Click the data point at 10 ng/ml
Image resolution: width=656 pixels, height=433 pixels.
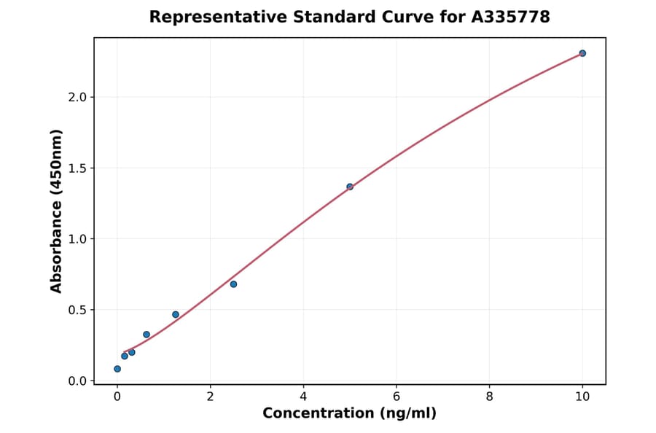[582, 53]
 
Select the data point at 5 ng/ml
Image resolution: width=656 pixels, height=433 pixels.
[350, 187]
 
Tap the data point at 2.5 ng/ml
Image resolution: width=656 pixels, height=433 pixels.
[233, 284]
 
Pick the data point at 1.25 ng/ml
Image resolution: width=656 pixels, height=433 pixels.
[176, 314]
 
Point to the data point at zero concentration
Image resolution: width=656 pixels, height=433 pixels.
[117, 369]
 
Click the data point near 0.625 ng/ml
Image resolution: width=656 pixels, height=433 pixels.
[147, 335]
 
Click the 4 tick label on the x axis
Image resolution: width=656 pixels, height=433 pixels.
[303, 396]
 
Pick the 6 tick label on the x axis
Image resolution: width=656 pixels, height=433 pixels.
[397, 396]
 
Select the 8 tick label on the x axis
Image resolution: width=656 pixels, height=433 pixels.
[489, 396]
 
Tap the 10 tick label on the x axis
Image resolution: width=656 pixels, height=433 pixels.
[582, 396]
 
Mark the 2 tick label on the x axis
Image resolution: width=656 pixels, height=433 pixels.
[210, 396]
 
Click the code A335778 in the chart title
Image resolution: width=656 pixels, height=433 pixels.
[511, 17]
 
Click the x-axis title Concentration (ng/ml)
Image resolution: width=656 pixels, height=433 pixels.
[349, 414]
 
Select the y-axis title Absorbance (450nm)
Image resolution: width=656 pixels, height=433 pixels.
[57, 211]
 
